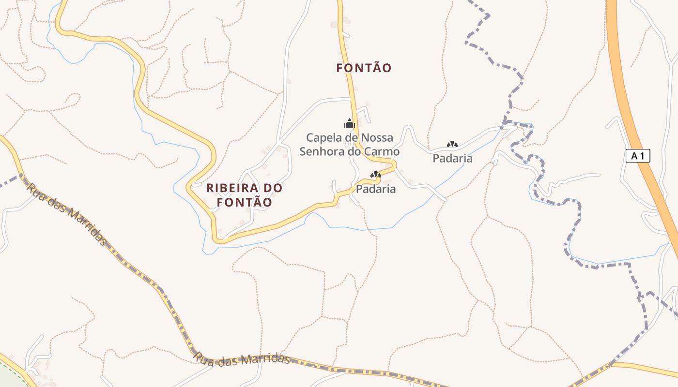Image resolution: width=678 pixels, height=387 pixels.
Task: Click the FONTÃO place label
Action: [364, 68]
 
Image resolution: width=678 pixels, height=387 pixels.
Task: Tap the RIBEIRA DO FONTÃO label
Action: [244, 195]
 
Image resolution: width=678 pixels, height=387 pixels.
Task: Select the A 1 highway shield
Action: [638, 156]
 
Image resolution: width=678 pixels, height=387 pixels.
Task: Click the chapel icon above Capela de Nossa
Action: [349, 123]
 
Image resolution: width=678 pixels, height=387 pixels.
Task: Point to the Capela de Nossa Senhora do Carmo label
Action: [350, 145]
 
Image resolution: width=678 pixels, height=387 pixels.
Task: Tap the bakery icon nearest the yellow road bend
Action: [375, 175]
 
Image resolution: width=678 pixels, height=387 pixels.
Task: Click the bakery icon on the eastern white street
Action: [452, 144]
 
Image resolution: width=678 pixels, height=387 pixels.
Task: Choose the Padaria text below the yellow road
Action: [376, 189]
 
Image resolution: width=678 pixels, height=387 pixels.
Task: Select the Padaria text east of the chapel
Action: [452, 158]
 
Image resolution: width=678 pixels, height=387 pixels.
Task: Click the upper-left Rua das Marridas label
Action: [66, 214]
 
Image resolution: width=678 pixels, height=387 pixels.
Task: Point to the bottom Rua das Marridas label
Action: [241, 358]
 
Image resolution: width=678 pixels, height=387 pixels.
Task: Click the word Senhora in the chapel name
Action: [324, 151]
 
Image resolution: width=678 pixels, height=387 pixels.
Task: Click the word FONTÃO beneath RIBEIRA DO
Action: [244, 202]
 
